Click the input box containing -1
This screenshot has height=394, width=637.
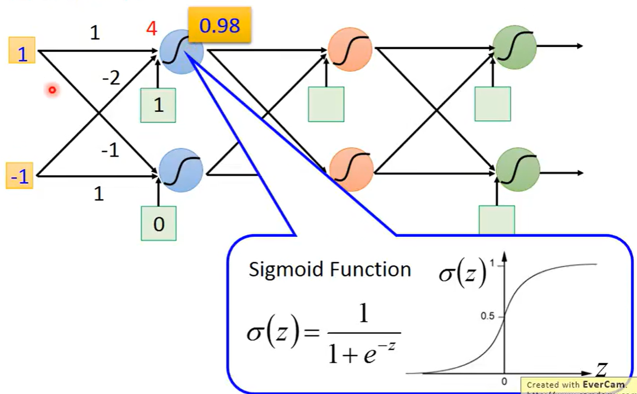[x=20, y=176]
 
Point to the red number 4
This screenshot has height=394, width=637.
[x=152, y=28]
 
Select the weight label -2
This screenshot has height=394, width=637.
[x=111, y=79]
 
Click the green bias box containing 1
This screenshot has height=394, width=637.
[x=158, y=105]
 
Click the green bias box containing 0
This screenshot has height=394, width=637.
[x=159, y=223]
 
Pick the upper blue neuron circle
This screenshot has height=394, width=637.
[x=181, y=51]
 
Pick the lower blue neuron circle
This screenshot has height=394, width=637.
[x=181, y=170]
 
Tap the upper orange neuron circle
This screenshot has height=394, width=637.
[x=350, y=49]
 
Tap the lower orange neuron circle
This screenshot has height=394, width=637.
[x=351, y=169]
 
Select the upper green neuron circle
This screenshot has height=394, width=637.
[x=514, y=47]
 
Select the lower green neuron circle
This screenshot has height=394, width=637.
[x=518, y=169]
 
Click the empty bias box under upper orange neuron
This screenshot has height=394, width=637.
[x=326, y=104]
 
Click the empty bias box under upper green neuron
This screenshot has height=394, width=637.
[x=493, y=103]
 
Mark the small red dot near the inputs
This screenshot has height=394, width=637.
[x=52, y=90]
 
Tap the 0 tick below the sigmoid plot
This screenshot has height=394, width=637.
[x=504, y=381]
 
